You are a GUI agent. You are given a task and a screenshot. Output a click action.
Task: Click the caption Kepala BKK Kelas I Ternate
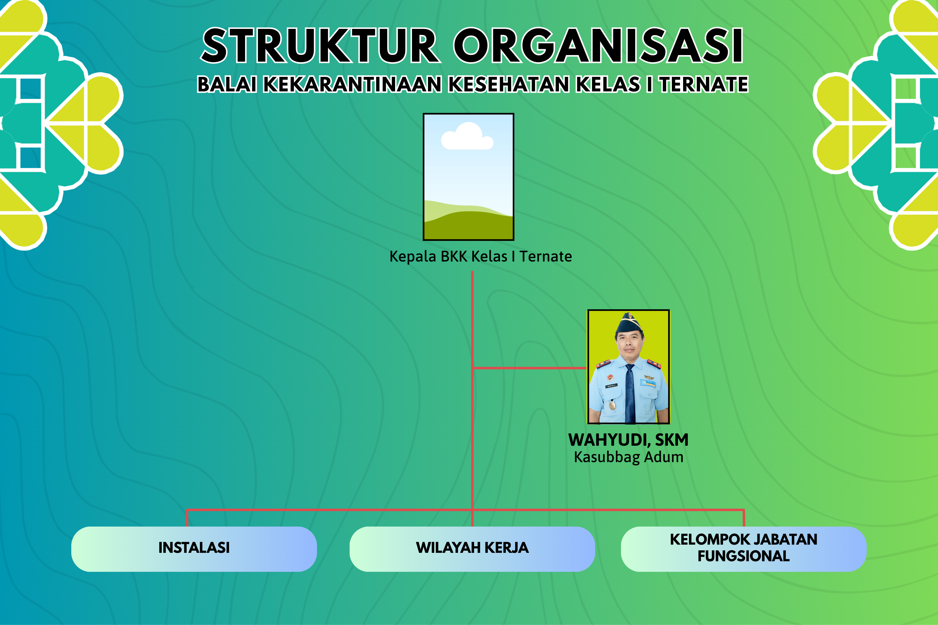point(480,256)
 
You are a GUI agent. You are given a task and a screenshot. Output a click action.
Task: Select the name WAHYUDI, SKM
point(628,440)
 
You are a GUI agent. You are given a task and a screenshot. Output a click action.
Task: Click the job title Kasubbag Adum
point(628,457)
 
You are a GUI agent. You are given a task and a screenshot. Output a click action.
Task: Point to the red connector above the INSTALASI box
point(187,518)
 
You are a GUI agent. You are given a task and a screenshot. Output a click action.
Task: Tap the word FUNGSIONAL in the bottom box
point(743,556)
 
